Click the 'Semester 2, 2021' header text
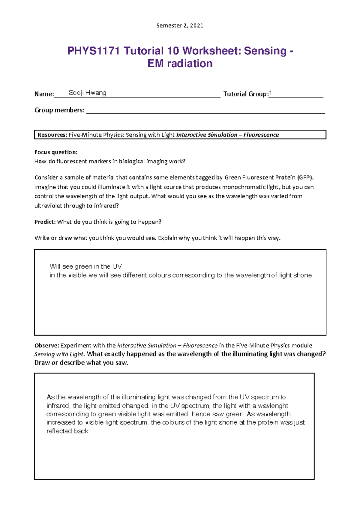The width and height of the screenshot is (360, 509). (x=180, y=25)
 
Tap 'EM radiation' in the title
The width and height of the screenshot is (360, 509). (x=180, y=64)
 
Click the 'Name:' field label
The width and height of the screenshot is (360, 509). (x=44, y=94)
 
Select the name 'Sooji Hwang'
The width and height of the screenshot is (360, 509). (x=87, y=93)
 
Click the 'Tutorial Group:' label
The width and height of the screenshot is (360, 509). (x=246, y=94)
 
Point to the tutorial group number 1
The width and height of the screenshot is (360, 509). (x=270, y=93)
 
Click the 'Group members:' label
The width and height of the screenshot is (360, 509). (x=59, y=110)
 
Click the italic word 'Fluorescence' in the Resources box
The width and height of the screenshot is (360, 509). (x=261, y=135)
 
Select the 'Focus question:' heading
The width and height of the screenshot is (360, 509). (x=56, y=152)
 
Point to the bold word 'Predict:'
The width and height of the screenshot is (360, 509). (x=45, y=222)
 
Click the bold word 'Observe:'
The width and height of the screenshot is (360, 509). (x=47, y=345)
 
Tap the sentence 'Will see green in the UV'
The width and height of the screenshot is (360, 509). (x=85, y=266)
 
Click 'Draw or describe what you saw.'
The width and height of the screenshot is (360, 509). (x=81, y=363)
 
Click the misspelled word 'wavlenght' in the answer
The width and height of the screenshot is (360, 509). (x=273, y=406)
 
